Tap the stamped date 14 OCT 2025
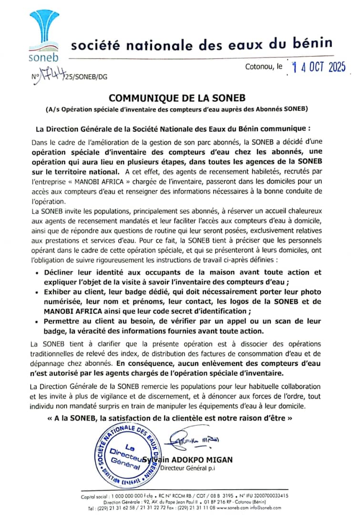click(319, 68)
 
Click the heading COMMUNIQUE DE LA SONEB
click(177, 98)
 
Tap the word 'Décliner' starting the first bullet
click(62, 272)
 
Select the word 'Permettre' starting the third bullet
click(64, 321)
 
